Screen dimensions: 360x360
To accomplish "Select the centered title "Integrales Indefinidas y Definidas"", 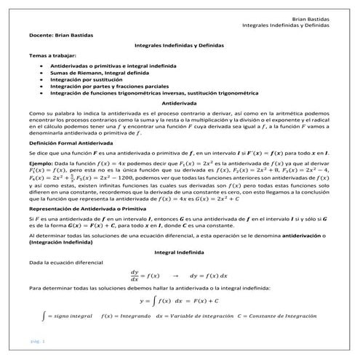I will [x=180, y=45].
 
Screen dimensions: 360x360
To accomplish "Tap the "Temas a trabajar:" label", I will [x=52, y=55].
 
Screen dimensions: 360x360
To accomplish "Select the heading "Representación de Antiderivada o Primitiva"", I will [x=81, y=208].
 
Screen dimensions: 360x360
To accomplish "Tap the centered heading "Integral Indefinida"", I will [x=180, y=252].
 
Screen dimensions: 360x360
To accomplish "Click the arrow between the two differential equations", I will [x=175, y=276].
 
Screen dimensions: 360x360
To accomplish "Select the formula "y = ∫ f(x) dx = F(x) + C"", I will [x=179, y=300].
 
